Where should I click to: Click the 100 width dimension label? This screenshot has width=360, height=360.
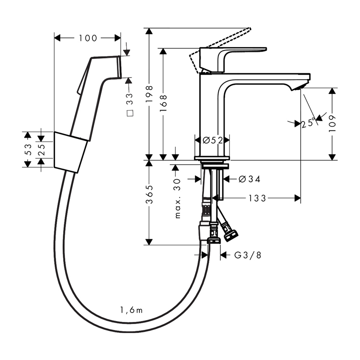point(88,39)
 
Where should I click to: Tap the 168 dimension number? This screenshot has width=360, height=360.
point(163,103)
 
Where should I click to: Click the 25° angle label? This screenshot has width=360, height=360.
point(309,123)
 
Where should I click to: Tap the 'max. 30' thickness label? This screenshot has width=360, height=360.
point(177,197)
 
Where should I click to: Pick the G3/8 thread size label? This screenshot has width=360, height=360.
point(247,255)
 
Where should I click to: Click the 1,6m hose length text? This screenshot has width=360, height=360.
point(131,311)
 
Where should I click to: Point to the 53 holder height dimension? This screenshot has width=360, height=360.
point(28,149)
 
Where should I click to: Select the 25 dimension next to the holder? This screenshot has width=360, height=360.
point(41,149)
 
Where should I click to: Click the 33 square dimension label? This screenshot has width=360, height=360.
point(130,104)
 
